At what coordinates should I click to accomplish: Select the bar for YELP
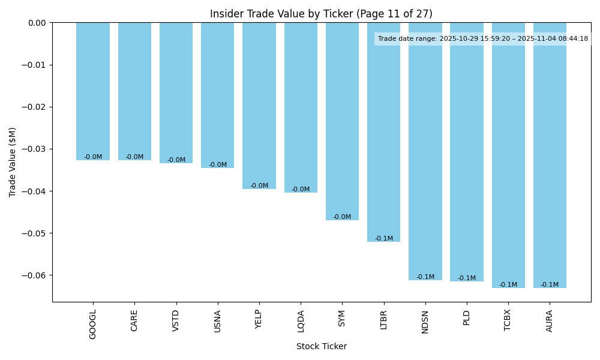tap(259, 106)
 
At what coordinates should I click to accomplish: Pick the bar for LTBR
tap(384, 132)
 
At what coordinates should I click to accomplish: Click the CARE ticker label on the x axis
tap(134, 320)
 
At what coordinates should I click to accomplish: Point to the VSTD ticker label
tap(176, 320)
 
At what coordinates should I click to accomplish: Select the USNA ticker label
tap(217, 320)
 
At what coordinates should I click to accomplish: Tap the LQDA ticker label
tap(301, 320)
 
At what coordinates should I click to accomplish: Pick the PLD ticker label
tap(467, 317)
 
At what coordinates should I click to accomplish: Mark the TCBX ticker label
tap(508, 321)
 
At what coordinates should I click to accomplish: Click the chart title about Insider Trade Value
tap(321, 14)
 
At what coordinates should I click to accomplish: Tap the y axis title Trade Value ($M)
tap(13, 162)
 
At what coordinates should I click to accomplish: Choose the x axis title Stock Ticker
tap(321, 346)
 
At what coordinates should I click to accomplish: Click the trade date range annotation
tap(483, 39)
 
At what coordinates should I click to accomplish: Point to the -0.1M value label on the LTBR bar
tap(384, 239)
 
